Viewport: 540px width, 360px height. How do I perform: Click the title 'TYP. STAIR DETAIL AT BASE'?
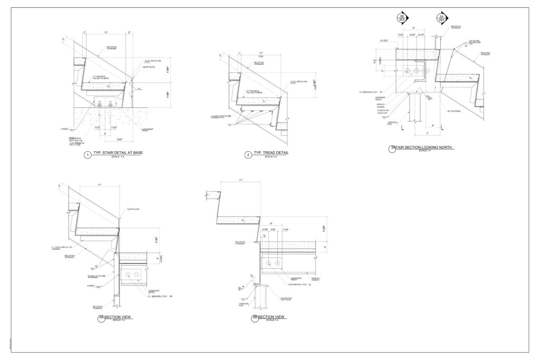point(118,153)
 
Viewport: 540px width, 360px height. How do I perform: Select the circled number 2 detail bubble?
point(248,155)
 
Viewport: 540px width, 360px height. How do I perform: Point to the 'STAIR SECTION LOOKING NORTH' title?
point(425,148)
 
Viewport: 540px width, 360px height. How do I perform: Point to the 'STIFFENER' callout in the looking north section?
point(455,111)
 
